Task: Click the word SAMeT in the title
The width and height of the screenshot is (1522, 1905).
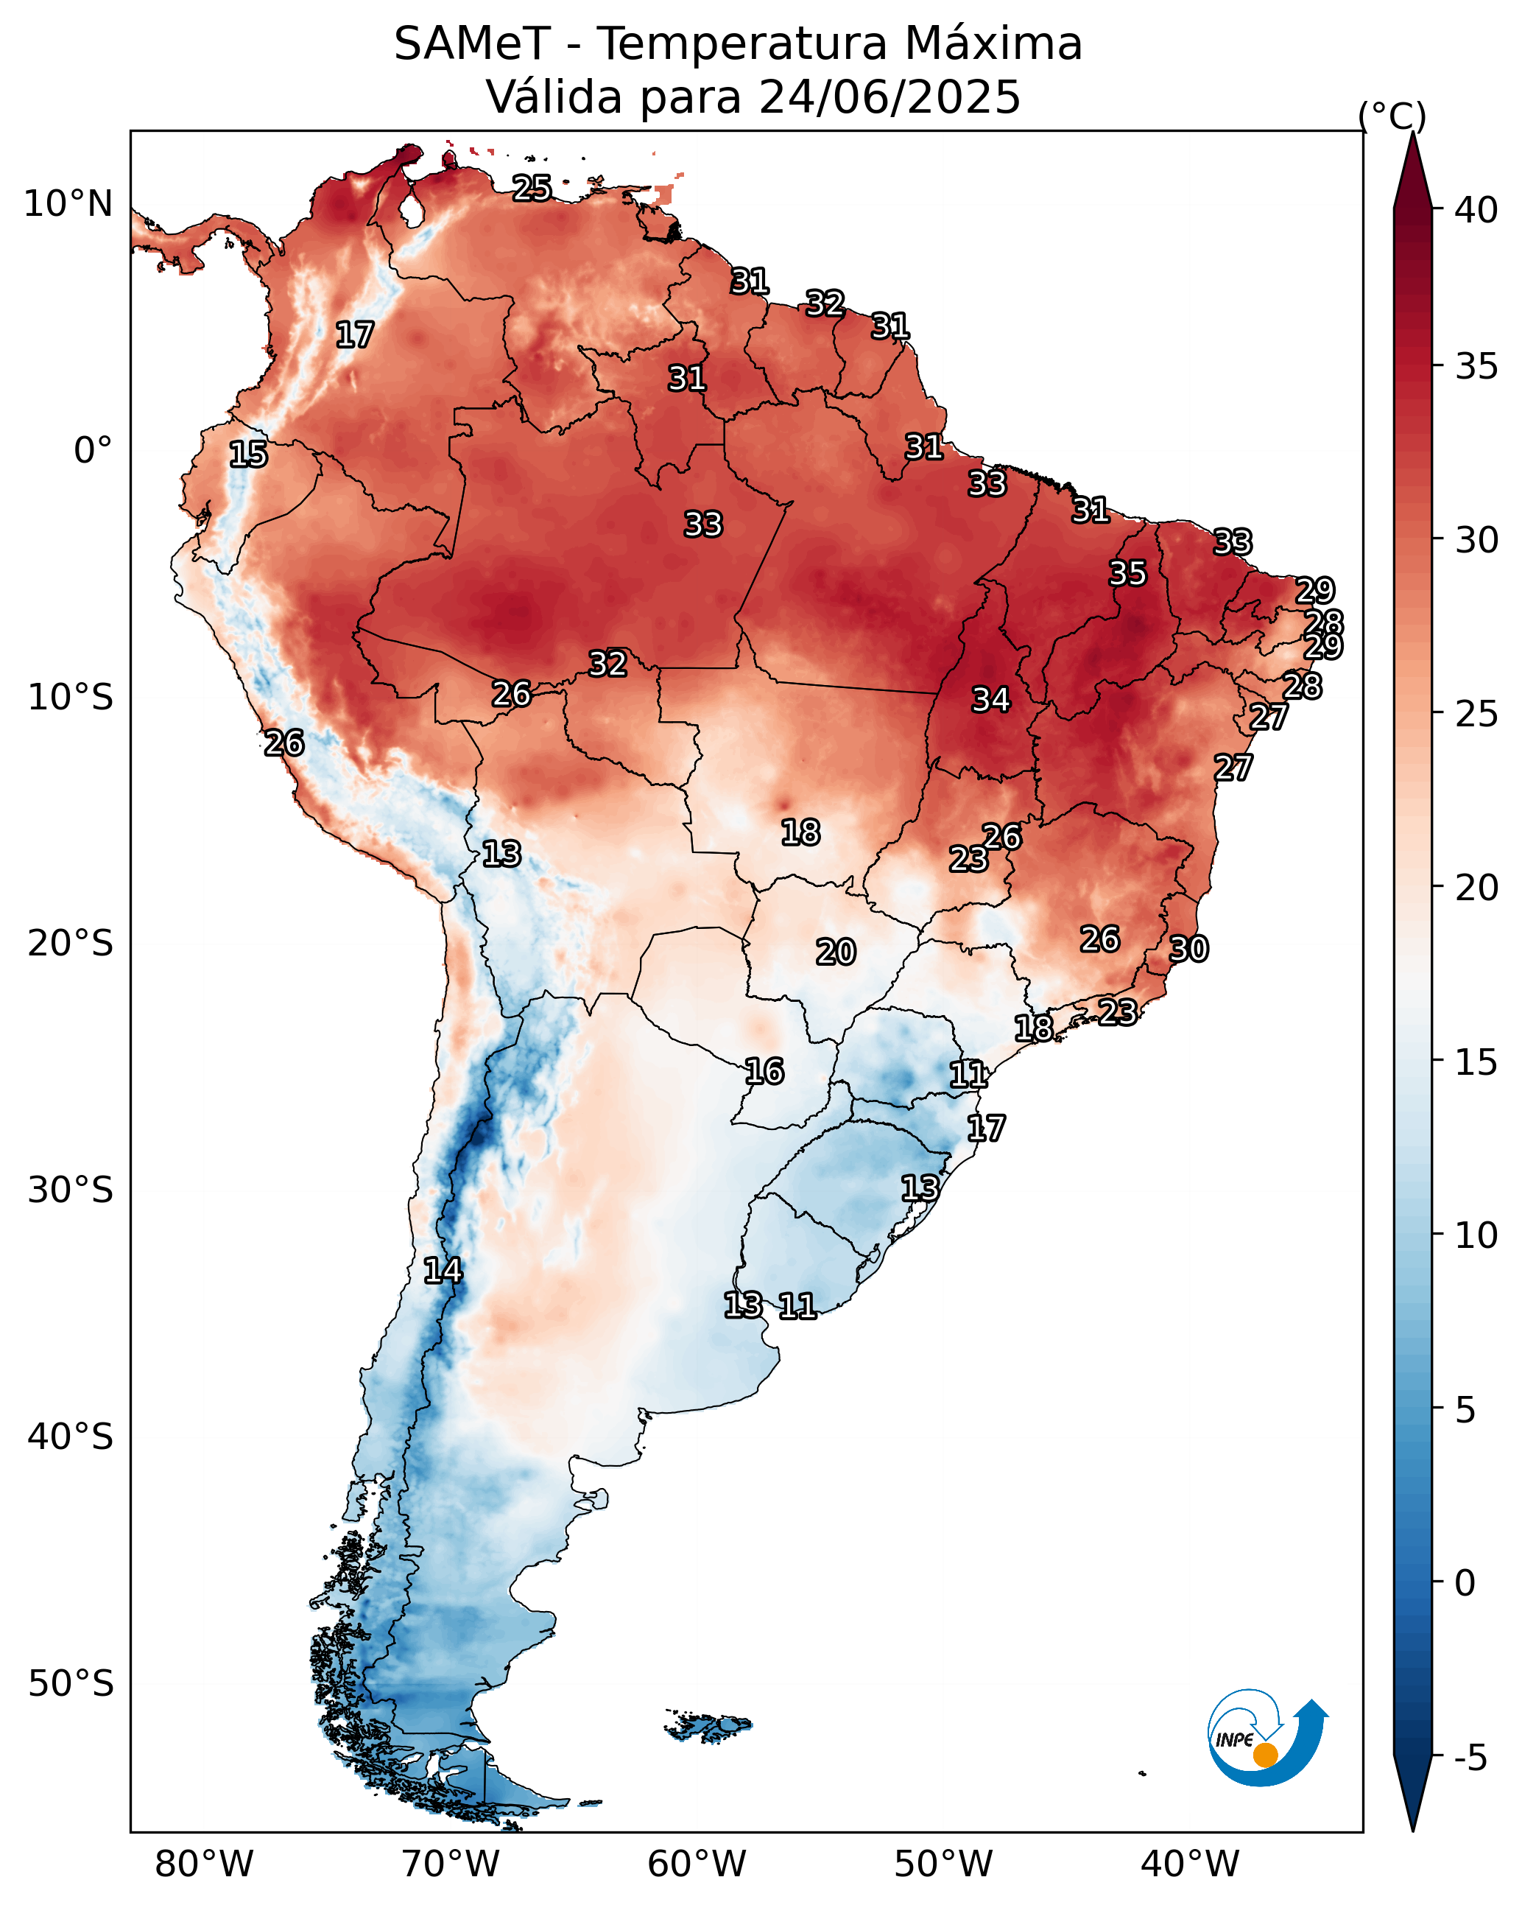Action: pos(472,44)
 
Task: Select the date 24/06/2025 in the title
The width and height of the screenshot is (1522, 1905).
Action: pos(889,97)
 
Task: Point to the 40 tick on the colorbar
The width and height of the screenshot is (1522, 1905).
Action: pos(1476,210)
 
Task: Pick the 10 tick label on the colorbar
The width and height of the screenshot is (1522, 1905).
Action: pos(1476,1235)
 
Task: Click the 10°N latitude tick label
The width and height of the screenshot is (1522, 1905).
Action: pos(68,204)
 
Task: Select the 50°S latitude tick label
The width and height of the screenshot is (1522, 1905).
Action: pos(71,1684)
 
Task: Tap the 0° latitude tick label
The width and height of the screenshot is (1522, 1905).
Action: pos(93,450)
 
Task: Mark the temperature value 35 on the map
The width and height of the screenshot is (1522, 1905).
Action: pos(1128,573)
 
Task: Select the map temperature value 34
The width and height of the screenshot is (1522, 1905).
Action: pos(991,700)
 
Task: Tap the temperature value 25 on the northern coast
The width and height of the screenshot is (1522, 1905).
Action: pos(532,187)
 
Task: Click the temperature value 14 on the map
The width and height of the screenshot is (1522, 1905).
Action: pos(443,1271)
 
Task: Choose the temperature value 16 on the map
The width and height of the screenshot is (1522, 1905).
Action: pos(764,1072)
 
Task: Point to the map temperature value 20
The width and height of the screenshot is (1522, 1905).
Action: pos(836,952)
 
